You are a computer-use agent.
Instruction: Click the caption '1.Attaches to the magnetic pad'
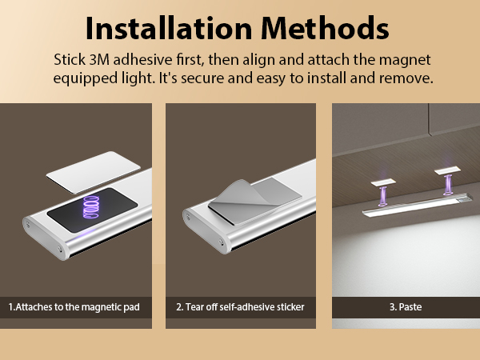click(78, 307)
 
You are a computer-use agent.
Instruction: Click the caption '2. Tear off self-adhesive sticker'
click(241, 307)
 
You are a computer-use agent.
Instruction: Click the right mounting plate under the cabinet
click(445, 170)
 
